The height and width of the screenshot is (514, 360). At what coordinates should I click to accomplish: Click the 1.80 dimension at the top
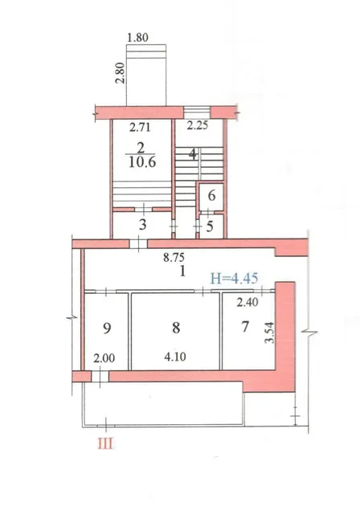pos(137,38)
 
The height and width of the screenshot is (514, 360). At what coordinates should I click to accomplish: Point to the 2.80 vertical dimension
pos(121,73)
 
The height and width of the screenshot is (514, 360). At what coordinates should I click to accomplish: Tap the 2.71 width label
pos(140,127)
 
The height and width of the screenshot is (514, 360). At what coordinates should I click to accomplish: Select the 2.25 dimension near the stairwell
pos(198,125)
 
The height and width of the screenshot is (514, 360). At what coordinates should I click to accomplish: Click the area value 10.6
pos(142,161)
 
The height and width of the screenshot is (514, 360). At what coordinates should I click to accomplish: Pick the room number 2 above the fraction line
pos(141,147)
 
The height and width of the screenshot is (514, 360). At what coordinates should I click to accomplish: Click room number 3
pos(142,225)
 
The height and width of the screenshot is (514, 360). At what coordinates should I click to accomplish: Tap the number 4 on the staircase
pos(193,153)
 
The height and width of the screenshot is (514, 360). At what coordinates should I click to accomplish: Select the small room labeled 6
pos(211,196)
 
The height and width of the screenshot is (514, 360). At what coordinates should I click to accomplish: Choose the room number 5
pos(210,226)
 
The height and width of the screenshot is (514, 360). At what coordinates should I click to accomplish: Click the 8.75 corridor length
pos(174,257)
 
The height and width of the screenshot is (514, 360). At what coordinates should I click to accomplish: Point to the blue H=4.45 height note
pos(234,279)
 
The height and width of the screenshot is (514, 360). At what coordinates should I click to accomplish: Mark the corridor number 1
pos(182,271)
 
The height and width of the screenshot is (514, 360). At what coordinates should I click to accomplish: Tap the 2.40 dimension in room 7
pos(247,302)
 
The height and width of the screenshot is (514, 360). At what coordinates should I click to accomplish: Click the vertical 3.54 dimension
pos(269,332)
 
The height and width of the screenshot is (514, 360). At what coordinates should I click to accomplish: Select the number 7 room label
pos(245,327)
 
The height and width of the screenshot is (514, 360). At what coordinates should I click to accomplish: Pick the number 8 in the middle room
pos(176,328)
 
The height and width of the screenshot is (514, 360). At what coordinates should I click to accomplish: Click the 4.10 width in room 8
pos(175,357)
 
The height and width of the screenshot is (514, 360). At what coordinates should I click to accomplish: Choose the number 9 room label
pos(107,328)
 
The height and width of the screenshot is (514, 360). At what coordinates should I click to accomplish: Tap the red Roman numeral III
pos(105,444)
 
